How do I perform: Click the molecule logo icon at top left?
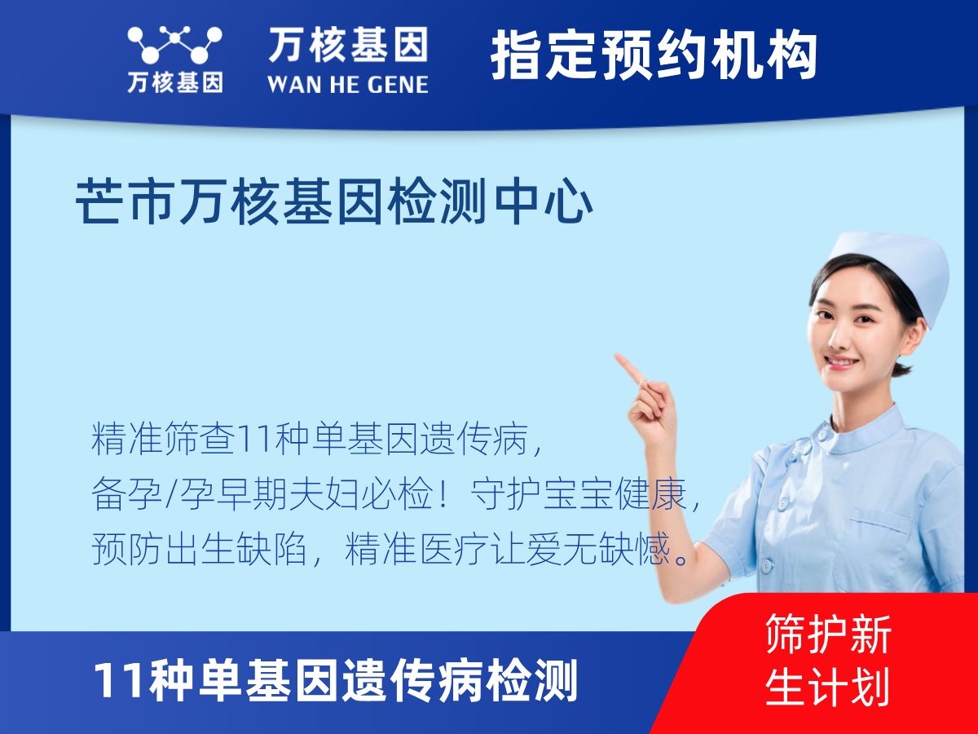click(x=174, y=44)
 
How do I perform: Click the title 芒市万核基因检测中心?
click(x=334, y=203)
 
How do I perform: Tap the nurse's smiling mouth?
click(x=841, y=361)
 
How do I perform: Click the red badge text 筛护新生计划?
click(x=828, y=661)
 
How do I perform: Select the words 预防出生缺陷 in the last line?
click(x=199, y=550)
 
